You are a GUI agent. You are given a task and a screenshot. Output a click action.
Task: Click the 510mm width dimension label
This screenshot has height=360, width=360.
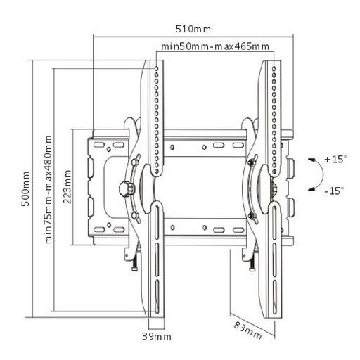[193, 29]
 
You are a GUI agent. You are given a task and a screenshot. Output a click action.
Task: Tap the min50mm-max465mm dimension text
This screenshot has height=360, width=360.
[215, 46]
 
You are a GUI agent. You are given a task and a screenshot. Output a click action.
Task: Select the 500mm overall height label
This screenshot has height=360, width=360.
[25, 189]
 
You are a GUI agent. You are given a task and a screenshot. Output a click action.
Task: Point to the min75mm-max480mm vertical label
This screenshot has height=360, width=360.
[49, 189]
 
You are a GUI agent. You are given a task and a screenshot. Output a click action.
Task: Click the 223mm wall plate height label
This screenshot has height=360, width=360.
[67, 187]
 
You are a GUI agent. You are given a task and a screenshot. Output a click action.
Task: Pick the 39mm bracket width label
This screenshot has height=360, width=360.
[157, 337]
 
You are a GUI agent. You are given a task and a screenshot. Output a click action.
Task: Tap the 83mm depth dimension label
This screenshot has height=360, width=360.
[247, 330]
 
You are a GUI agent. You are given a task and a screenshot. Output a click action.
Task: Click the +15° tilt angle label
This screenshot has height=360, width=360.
[335, 159]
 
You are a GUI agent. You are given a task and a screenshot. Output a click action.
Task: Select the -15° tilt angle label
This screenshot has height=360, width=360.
[335, 191]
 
